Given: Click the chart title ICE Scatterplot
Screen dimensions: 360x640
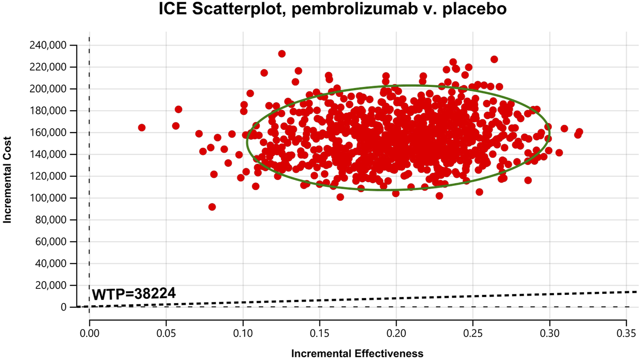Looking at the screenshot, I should point(332,10).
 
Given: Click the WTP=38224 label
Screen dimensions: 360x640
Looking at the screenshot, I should point(134,294).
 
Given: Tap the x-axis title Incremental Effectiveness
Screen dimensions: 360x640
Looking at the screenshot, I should point(357,353).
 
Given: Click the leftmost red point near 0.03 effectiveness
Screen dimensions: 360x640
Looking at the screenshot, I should point(142,128).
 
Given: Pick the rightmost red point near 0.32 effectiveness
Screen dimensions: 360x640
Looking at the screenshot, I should point(579,132).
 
